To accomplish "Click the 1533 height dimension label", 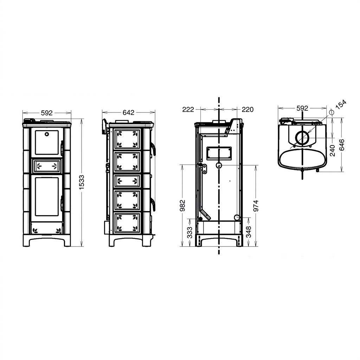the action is (x=82, y=182).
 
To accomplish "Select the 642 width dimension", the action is (x=128, y=112).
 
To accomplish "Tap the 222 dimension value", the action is (x=188, y=110).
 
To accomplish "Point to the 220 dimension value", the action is (x=247, y=110).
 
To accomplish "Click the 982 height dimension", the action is (x=182, y=206).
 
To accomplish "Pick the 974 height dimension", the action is (x=256, y=206).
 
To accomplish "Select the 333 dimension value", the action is (x=189, y=232).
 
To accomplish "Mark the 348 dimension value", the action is (x=249, y=232).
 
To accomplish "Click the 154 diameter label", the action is (x=341, y=104).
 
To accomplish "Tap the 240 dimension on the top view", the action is (x=332, y=150).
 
